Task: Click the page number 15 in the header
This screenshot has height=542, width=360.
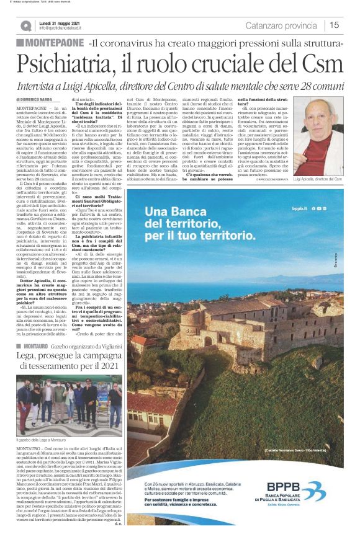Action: coord(334,25)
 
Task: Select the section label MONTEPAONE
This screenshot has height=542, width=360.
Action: coord(54,42)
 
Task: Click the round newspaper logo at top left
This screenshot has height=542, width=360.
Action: coord(25,25)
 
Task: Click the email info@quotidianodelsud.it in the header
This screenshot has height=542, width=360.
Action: coord(66,28)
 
